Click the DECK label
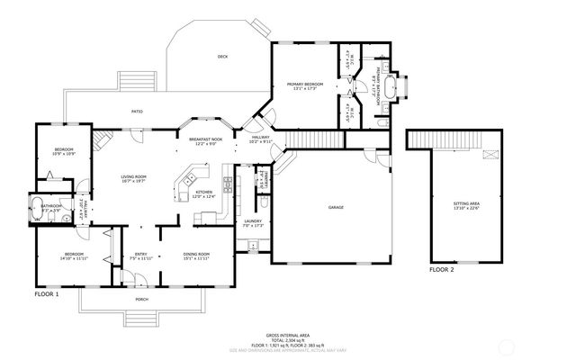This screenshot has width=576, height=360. click(x=222, y=57)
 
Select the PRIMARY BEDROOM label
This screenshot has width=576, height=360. click(x=305, y=85)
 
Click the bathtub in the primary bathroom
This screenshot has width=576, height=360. click(x=392, y=87)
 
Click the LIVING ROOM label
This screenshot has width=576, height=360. click(x=134, y=178)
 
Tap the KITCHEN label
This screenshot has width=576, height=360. click(x=204, y=193)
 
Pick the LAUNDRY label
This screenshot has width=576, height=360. click(x=252, y=222)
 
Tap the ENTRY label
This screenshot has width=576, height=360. click(x=141, y=256)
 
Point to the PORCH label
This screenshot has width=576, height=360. click(x=142, y=299)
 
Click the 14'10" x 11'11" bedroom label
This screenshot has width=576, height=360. click(x=73, y=256)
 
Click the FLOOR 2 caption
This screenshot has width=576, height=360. click(x=441, y=269)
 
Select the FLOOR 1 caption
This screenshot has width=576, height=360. click(x=46, y=294)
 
